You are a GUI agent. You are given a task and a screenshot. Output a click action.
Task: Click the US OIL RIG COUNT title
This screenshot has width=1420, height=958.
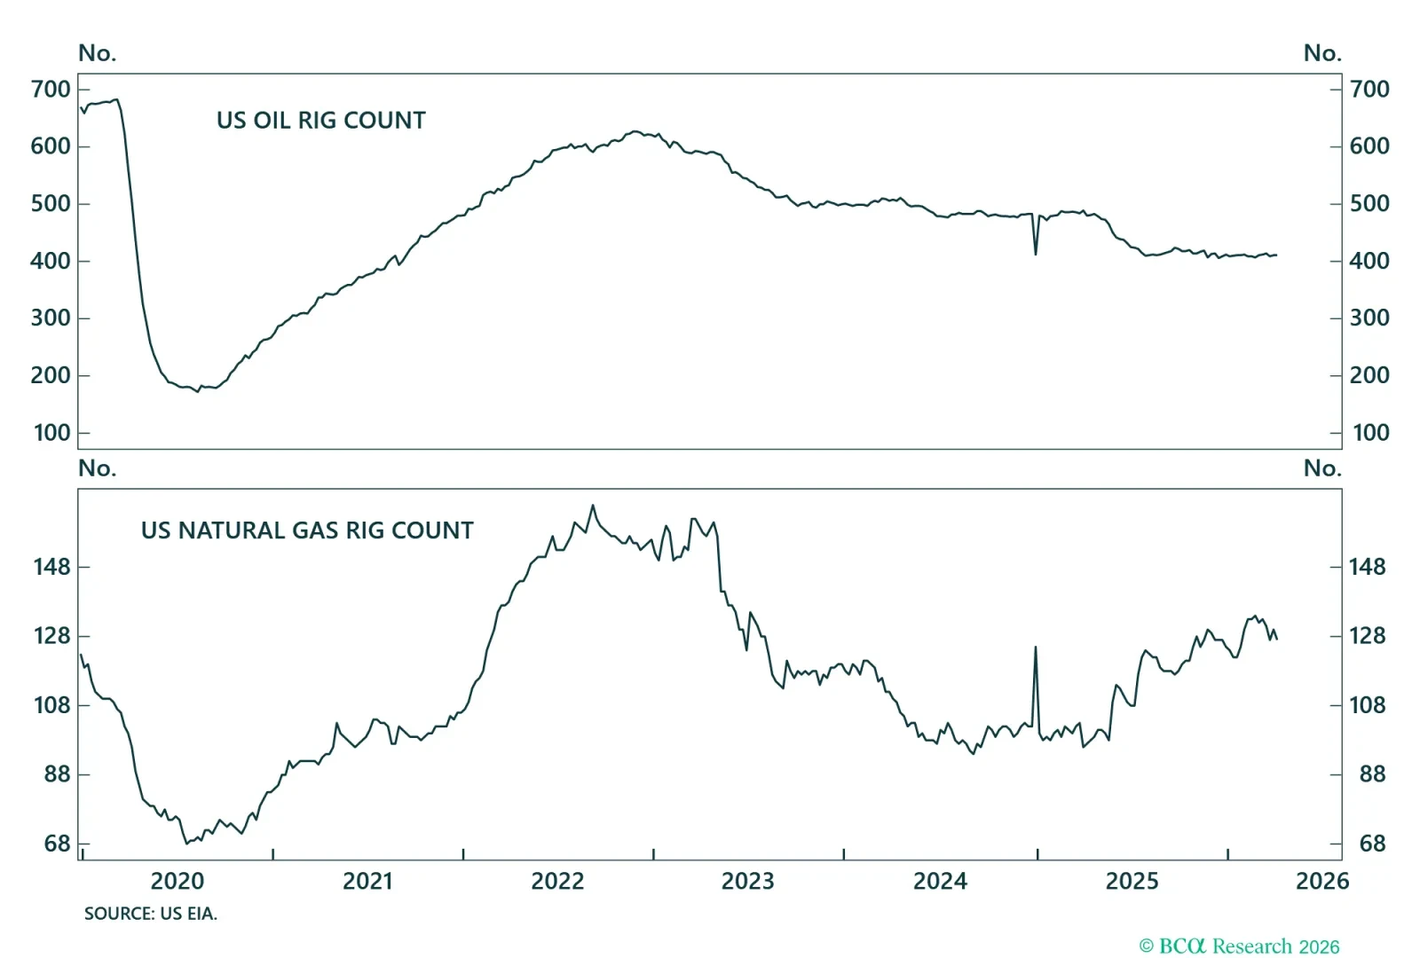click(x=320, y=121)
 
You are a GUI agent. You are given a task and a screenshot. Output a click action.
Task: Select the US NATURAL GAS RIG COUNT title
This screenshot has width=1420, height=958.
click(x=307, y=530)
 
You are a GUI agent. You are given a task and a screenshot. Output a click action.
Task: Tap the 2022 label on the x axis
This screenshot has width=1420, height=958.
click(x=557, y=881)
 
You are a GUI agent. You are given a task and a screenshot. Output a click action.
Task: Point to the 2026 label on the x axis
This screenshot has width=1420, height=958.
click(x=1321, y=881)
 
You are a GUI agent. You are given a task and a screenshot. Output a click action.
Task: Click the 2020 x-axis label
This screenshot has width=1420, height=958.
click(x=177, y=881)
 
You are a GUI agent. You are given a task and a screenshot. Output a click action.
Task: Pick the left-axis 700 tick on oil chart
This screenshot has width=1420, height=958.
click(x=51, y=90)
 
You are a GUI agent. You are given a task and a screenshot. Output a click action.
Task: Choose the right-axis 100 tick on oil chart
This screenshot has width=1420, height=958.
click(x=1370, y=433)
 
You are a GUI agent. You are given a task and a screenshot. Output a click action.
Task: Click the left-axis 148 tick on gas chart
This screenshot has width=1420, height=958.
click(x=51, y=567)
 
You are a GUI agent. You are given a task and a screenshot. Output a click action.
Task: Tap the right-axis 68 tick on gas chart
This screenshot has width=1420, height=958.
click(x=1372, y=844)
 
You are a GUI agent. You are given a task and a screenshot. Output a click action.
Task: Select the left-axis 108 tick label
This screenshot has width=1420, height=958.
click(x=51, y=705)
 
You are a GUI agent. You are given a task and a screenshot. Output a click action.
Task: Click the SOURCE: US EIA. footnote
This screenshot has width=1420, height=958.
click(x=151, y=914)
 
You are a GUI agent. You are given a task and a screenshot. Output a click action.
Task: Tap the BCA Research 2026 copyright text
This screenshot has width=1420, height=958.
click(x=1239, y=946)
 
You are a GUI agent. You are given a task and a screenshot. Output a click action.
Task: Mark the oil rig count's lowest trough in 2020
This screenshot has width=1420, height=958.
click(x=198, y=391)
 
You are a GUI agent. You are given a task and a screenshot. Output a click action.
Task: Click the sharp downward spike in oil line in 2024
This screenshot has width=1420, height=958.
click(x=1036, y=254)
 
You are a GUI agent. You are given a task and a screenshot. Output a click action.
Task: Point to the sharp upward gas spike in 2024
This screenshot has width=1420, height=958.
click(x=1036, y=648)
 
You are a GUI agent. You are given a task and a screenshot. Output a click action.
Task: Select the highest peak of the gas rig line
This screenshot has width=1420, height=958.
click(x=593, y=506)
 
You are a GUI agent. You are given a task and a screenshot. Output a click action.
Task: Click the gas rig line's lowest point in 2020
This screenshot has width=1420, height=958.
click(x=186, y=843)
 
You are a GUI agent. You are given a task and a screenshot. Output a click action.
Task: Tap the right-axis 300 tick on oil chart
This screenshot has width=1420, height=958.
click(x=1369, y=318)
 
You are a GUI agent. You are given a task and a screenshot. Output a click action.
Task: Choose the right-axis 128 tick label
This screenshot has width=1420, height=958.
click(x=1368, y=636)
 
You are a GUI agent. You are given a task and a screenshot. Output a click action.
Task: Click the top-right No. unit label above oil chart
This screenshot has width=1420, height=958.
click(x=1321, y=53)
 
